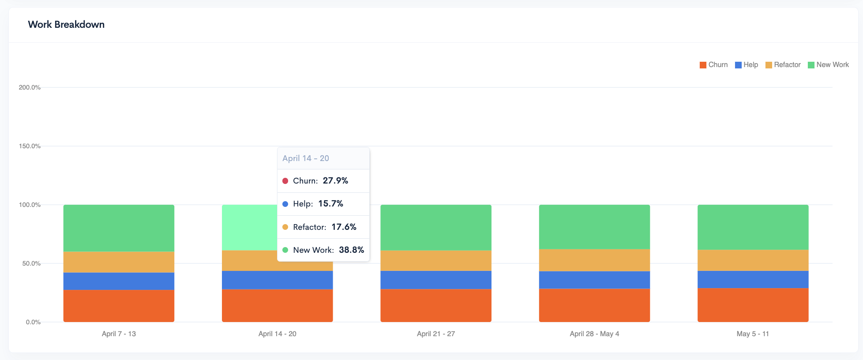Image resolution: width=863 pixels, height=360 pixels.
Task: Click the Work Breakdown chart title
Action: click(66, 25)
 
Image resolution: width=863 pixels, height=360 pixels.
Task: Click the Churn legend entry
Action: click(713, 65)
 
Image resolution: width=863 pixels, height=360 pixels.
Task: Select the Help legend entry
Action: click(747, 65)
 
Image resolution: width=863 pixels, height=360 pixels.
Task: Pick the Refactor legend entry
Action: click(783, 65)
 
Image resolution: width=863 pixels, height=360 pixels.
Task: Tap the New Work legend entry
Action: click(828, 65)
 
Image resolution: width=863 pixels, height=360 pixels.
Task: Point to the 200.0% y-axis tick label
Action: click(30, 87)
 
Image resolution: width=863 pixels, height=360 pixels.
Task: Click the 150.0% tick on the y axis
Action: click(30, 146)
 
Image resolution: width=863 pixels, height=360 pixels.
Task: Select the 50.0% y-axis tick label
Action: click(31, 263)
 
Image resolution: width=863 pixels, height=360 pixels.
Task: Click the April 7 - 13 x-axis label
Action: click(119, 334)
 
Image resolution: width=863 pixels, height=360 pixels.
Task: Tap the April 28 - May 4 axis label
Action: click(594, 334)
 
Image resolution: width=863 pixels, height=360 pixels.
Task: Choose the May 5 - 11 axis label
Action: click(753, 334)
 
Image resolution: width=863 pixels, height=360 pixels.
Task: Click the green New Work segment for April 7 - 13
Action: click(119, 228)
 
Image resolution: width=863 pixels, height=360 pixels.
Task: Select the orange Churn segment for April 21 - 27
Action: click(436, 305)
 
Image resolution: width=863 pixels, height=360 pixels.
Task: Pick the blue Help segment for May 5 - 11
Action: click(753, 279)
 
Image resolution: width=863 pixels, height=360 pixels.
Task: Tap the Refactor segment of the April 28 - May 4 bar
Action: click(594, 260)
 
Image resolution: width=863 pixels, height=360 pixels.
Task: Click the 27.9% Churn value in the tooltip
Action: click(335, 181)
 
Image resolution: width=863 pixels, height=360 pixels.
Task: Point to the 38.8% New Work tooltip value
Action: click(351, 250)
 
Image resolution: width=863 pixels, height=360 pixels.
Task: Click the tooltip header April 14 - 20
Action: click(306, 158)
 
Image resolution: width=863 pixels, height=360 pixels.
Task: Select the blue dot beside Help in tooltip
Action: click(285, 204)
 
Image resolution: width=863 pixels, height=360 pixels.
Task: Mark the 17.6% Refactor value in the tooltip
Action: click(344, 227)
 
